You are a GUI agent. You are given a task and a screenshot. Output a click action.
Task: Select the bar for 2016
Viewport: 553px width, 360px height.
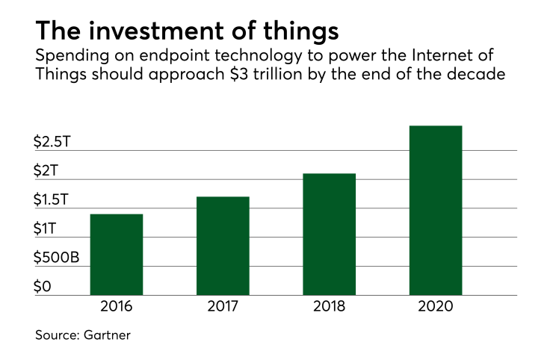tap(117, 254)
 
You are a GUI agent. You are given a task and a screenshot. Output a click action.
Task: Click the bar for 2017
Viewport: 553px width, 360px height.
tap(223, 245)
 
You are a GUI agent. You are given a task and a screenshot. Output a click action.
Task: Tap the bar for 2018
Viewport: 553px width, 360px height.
tap(330, 234)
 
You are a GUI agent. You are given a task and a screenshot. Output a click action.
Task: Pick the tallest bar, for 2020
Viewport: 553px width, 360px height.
tap(436, 210)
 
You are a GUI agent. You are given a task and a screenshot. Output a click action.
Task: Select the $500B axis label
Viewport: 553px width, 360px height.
tap(58, 258)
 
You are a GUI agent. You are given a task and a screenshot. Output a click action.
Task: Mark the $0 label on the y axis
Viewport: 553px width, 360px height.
tap(43, 288)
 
